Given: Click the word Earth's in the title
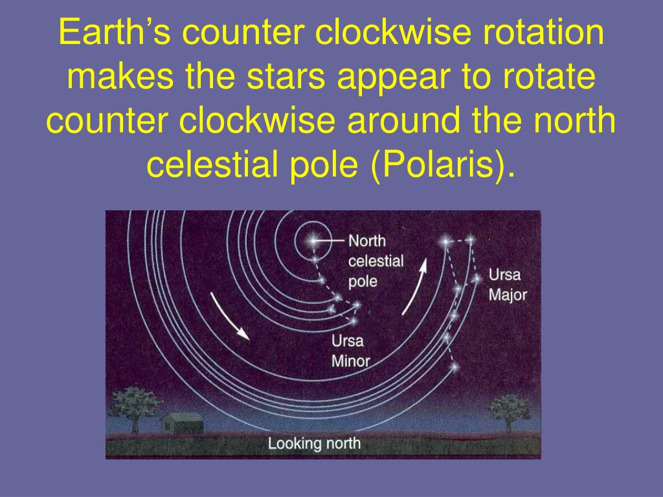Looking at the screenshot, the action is pos(115,32).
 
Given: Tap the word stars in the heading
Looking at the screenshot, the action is pos(286,76).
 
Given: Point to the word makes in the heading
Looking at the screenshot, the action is pos(120,76).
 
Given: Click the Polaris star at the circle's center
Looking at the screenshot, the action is pos(313,241).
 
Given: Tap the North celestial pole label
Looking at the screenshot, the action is pos(376,261).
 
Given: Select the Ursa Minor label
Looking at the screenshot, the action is pos(350,351).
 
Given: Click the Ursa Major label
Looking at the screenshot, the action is pos(508,285).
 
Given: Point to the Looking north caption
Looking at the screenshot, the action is pos(314,443).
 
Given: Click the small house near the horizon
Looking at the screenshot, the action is pos(182,423).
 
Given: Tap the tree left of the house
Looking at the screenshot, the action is pos(134,408).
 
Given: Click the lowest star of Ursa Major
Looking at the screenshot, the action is pos(454,367).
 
